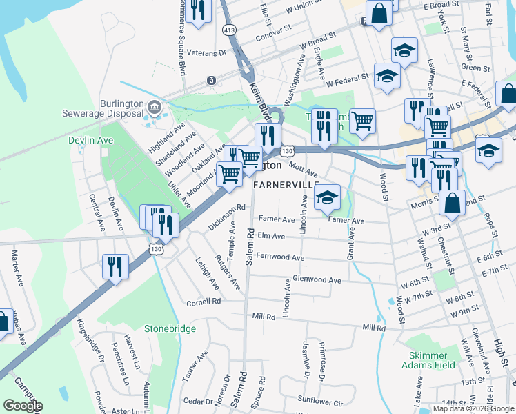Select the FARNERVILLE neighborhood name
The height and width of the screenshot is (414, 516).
tap(286, 186)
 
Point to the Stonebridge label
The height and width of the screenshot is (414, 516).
tap(170, 329)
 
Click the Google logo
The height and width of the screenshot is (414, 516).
tap(23, 406)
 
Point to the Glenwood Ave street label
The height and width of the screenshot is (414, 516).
tap(317, 281)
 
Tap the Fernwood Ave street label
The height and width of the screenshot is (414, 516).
tap(279, 257)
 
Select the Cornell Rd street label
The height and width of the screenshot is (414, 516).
tap(204, 302)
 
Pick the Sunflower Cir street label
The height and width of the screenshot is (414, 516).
tap(319, 400)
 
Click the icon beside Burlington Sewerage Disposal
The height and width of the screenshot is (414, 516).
tap(154, 106)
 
